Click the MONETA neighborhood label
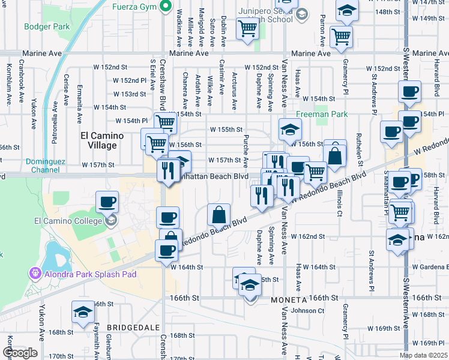(x=289, y=298)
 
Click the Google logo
(x=20, y=353)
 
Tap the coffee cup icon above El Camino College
(x=107, y=201)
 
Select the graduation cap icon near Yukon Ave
(x=83, y=312)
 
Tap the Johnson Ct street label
(x=307, y=311)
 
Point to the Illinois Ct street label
(x=339, y=201)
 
